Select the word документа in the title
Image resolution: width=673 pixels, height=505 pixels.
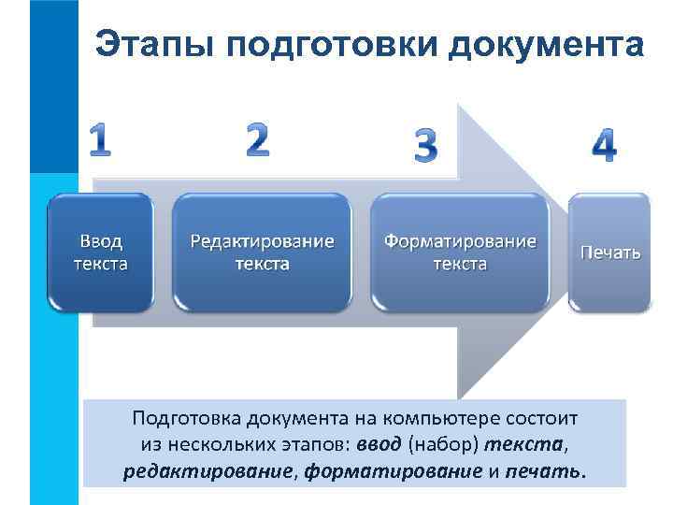(x=547, y=43)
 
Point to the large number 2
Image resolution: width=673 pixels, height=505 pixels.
(x=257, y=140)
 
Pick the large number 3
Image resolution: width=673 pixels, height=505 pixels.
(x=425, y=148)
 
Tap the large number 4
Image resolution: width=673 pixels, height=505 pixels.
(x=605, y=146)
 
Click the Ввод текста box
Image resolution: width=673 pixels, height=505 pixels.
(x=101, y=252)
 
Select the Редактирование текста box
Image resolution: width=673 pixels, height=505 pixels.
(x=262, y=252)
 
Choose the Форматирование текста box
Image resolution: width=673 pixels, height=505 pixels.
(x=460, y=252)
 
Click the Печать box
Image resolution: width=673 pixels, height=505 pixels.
(x=610, y=252)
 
